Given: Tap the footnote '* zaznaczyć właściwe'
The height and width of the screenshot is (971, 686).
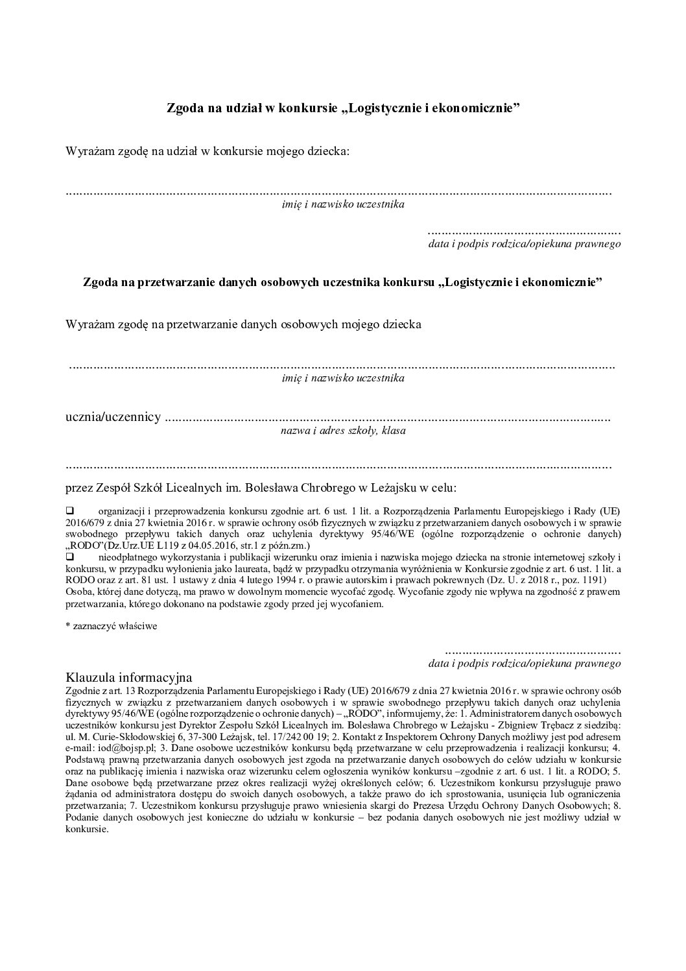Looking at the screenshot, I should point(112,627).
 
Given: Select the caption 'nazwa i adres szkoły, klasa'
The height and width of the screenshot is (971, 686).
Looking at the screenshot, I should point(343,430).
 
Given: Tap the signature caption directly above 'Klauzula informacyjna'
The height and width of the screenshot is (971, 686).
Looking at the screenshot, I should point(525,664).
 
